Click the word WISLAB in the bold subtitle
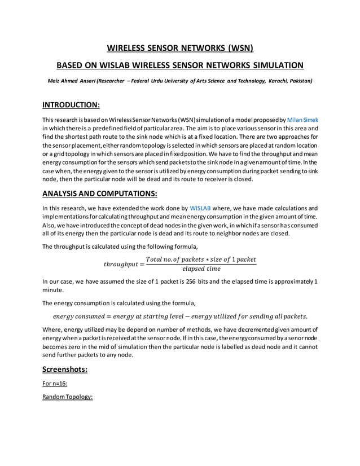[132, 65]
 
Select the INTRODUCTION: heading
[72, 105]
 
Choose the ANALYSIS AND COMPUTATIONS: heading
[99, 194]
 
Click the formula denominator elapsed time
[201, 269]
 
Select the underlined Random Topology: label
[67, 397]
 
